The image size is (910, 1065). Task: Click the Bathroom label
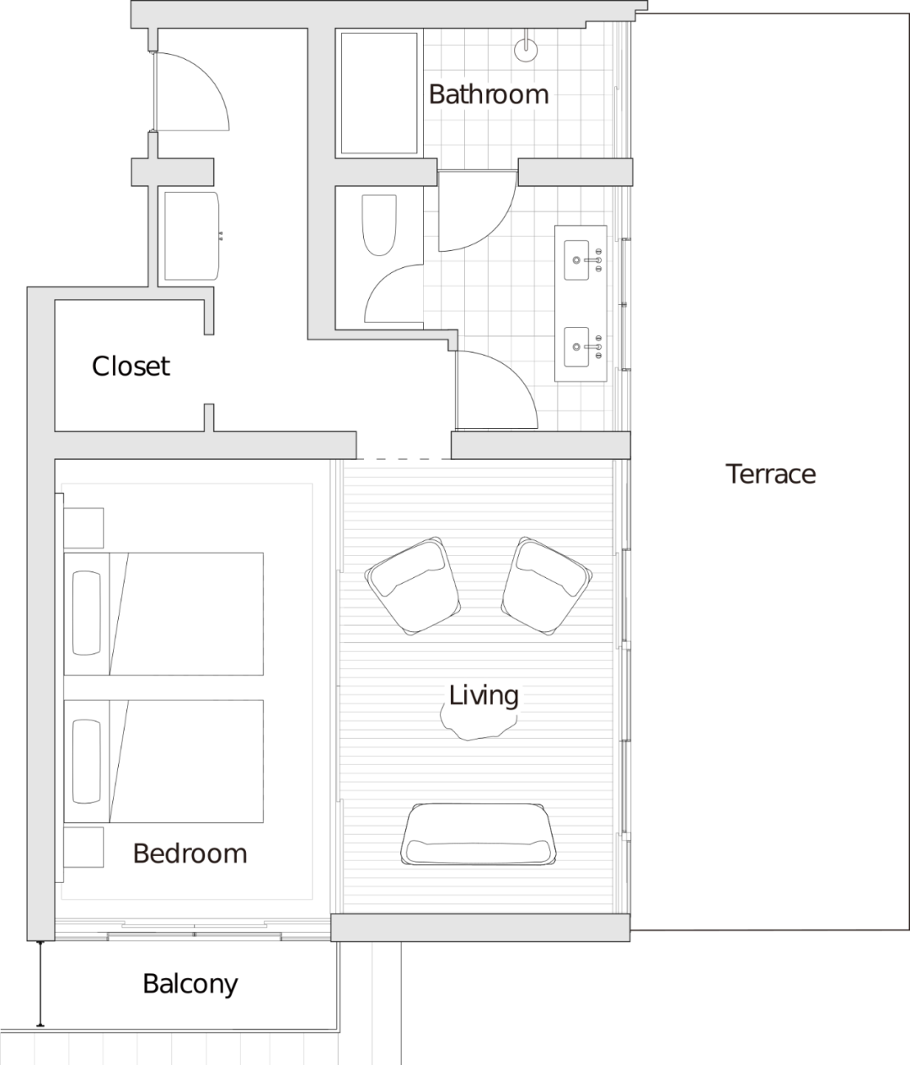pyautogui.click(x=489, y=94)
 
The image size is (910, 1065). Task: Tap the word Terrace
pyautogui.click(x=772, y=474)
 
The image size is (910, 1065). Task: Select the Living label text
pyautogui.click(x=484, y=696)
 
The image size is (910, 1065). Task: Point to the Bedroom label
pyautogui.click(x=191, y=854)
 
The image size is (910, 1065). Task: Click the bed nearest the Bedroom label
pyautogui.click(x=164, y=761)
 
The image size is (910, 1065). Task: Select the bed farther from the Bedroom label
pyautogui.click(x=164, y=613)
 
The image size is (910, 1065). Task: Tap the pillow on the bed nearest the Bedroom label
pyautogui.click(x=86, y=761)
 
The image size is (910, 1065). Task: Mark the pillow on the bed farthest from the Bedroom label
pyautogui.click(x=86, y=613)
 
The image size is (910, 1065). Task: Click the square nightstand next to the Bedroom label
pyautogui.click(x=83, y=847)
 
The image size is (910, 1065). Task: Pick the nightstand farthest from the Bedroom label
pyautogui.click(x=83, y=528)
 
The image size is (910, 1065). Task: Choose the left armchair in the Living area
pyautogui.click(x=413, y=586)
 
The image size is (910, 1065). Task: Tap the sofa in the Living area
pyautogui.click(x=479, y=835)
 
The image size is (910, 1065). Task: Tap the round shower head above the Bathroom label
pyautogui.click(x=526, y=50)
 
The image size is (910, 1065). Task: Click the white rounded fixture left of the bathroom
pyautogui.click(x=191, y=236)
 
